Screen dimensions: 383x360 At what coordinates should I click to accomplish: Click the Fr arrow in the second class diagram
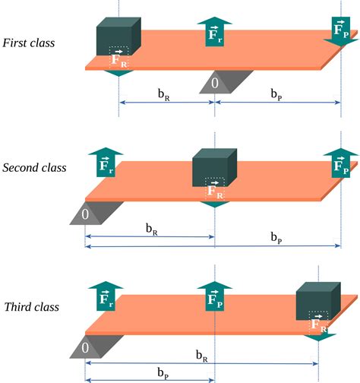pyautogui.click(x=106, y=162)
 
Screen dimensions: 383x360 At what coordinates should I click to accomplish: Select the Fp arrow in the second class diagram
pyautogui.click(x=341, y=162)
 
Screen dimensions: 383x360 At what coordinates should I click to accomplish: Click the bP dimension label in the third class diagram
pyautogui.click(x=163, y=372)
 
